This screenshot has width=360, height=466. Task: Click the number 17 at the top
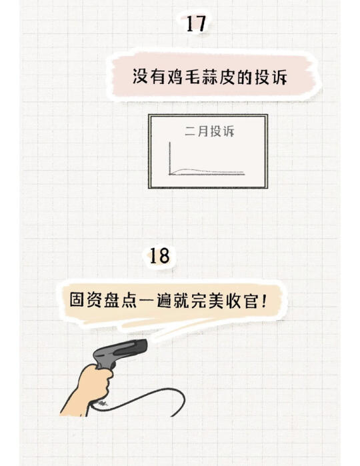(196, 23)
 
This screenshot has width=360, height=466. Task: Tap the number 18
(159, 256)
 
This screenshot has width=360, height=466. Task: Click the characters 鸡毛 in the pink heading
(179, 77)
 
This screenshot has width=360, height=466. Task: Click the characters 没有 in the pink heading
(148, 77)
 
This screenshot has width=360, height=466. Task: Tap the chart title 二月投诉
(209, 131)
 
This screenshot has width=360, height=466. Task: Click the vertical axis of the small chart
(170, 159)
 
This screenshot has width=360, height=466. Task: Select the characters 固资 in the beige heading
(86, 299)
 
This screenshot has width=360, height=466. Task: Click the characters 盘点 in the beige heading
(120, 299)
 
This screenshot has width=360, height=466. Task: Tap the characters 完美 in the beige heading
(207, 299)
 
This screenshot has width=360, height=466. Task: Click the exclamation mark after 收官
(263, 299)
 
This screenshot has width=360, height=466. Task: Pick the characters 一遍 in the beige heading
(155, 299)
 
